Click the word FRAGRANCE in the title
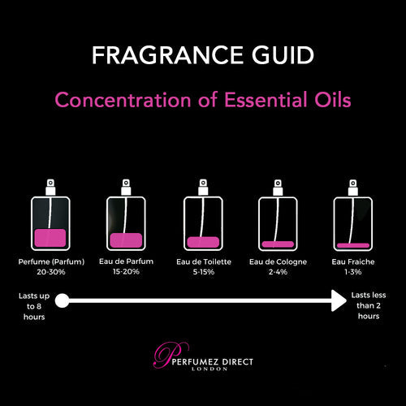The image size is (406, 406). (x=168, y=55)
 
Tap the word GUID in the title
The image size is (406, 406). (x=283, y=55)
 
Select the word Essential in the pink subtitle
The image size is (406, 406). (x=266, y=100)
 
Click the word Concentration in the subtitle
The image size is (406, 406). (x=123, y=100)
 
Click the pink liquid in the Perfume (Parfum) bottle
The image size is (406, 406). (x=50, y=238)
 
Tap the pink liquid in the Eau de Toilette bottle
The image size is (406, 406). (x=203, y=242)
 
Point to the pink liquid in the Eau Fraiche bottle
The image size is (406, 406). (x=353, y=245)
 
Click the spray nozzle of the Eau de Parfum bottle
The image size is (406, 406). (x=126, y=187)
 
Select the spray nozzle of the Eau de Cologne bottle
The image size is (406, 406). (x=278, y=187)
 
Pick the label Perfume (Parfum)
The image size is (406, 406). (x=51, y=261)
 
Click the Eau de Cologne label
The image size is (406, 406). (x=278, y=261)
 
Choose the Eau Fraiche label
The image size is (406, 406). (x=353, y=261)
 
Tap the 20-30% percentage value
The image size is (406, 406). (x=51, y=272)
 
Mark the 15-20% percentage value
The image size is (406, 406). (x=126, y=271)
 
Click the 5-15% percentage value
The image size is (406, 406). (x=204, y=272)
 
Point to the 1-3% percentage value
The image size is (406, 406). (x=353, y=272)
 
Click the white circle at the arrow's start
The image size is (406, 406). (x=63, y=300)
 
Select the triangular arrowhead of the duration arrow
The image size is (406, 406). (x=339, y=300)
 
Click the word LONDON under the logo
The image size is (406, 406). (x=209, y=369)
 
